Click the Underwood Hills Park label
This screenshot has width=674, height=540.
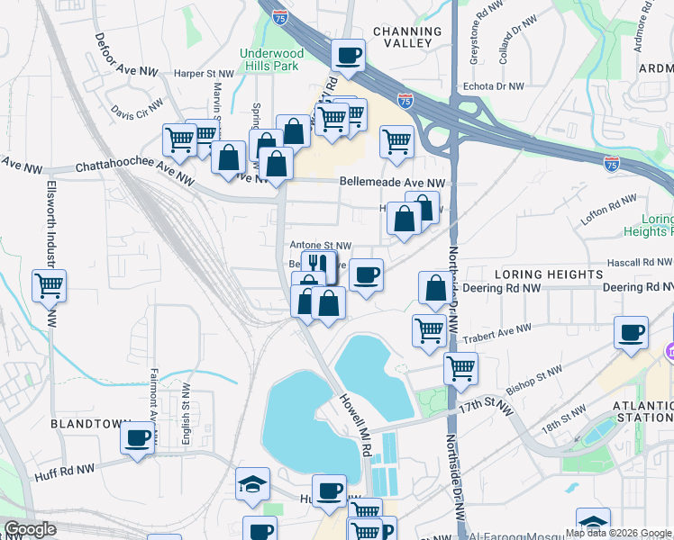coord(271,59)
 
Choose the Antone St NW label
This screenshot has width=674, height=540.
coord(319,245)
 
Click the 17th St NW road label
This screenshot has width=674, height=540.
coord(486,407)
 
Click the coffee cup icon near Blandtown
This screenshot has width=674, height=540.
coord(138,437)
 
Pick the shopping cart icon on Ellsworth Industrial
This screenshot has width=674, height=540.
coord(49,285)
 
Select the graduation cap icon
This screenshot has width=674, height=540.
coord(253,484)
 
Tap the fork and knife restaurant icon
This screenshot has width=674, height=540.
coord(315,263)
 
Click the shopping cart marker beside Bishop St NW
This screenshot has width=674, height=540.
coord(460,367)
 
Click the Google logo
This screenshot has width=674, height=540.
coord(31,529)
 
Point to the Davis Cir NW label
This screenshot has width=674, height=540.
coord(137,110)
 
